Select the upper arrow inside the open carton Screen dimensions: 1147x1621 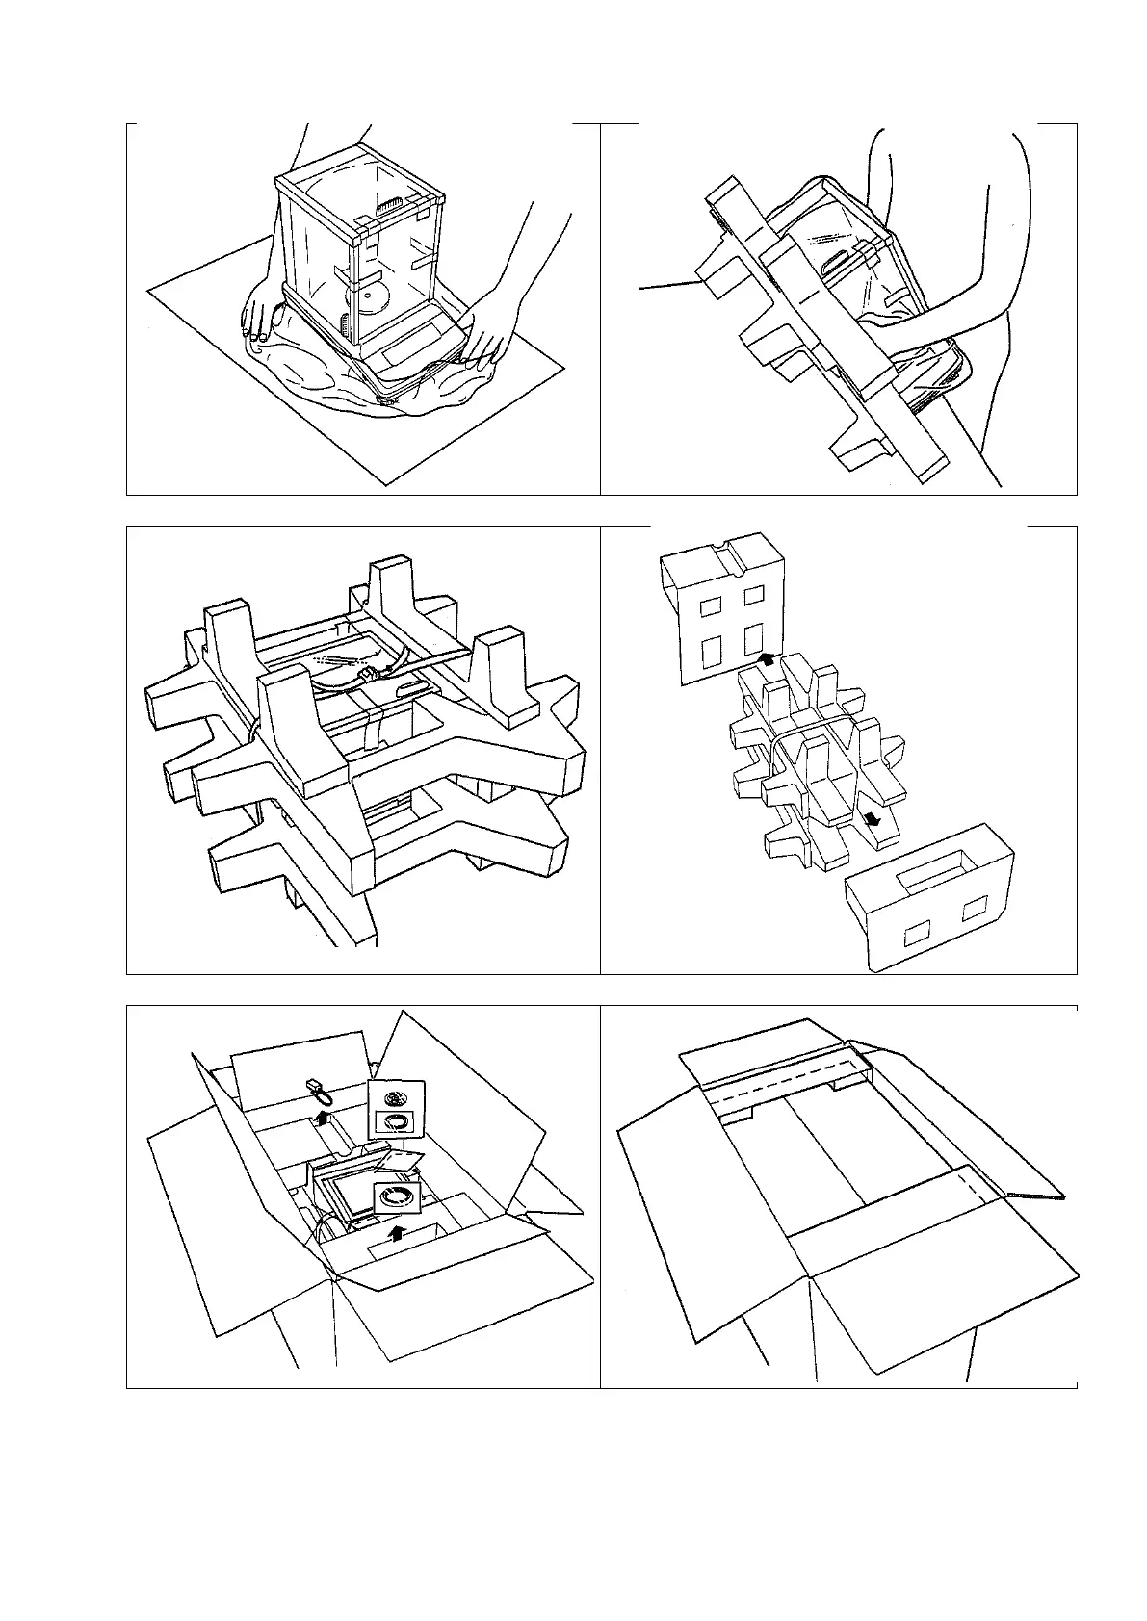(325, 1117)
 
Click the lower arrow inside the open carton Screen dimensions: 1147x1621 (396, 1233)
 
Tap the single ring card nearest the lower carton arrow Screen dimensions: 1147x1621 (395, 1196)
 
